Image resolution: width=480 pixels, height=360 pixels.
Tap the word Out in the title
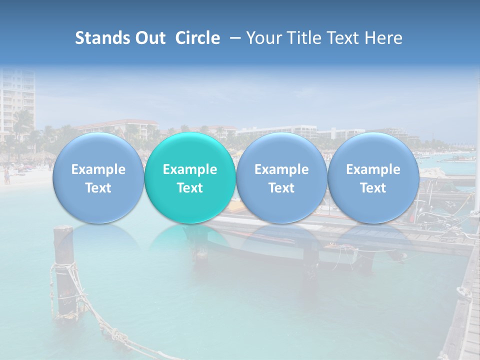pos(149,38)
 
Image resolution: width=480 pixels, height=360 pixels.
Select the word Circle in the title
pos(197,38)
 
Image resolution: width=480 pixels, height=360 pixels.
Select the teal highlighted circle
pos(190,177)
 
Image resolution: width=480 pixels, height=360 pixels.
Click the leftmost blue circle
pos(98,177)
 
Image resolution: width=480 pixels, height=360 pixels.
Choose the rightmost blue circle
pos(373,177)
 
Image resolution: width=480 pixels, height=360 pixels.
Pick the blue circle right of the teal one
pos(281,177)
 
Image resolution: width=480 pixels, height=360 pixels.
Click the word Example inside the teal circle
pos(190,169)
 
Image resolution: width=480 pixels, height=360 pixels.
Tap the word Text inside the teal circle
pos(190,188)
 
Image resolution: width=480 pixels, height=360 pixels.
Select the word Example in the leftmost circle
pos(98,169)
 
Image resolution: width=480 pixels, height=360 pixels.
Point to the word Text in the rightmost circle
pos(373,188)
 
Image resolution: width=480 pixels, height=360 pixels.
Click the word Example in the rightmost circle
pos(373,169)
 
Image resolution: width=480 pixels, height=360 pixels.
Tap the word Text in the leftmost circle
pos(98,188)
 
